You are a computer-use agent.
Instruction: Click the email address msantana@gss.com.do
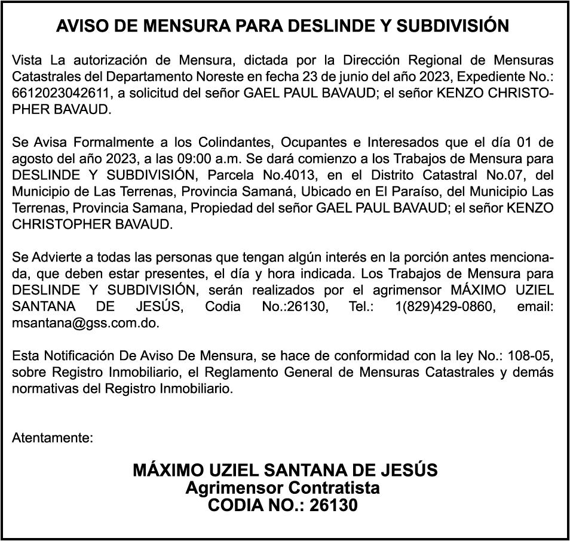tap(86, 322)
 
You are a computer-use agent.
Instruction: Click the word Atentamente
tap(53, 438)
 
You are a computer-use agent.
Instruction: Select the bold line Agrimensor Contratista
tap(283, 488)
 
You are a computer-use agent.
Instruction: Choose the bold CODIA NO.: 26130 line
tap(283, 506)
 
